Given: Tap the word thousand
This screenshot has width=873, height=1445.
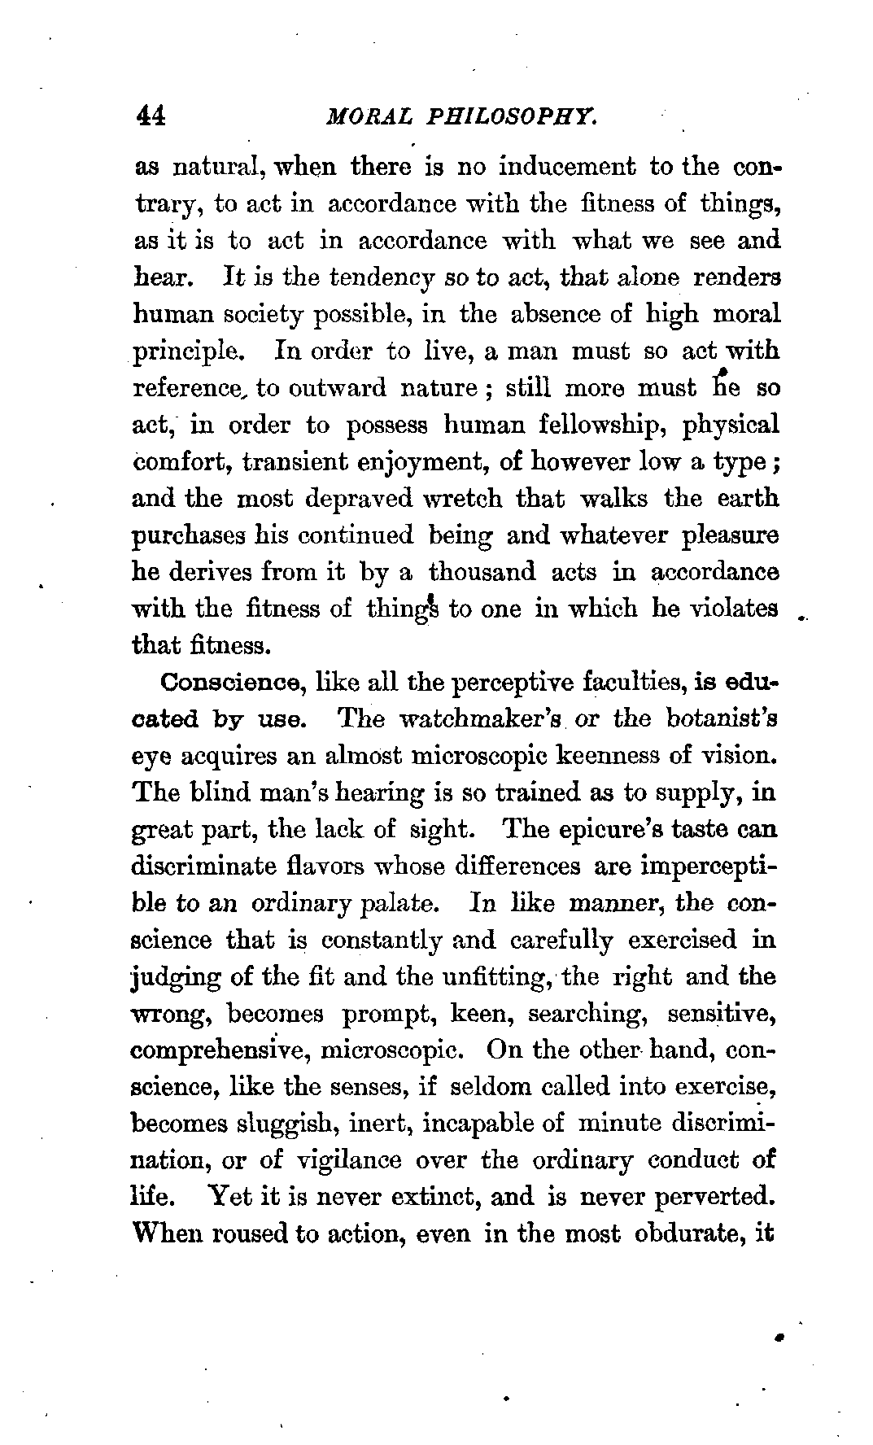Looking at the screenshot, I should point(482,572).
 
